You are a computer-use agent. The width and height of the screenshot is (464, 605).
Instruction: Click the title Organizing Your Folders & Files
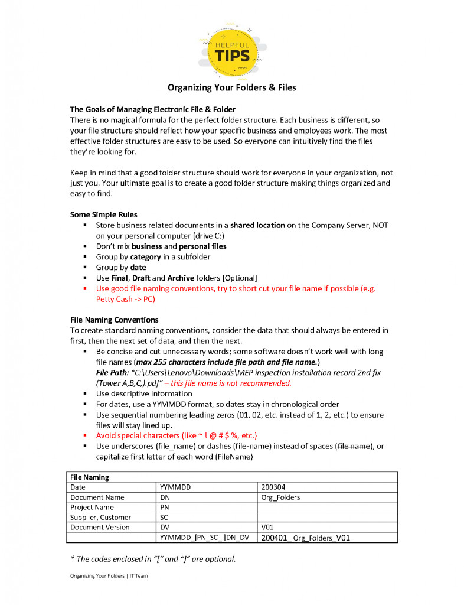pos(231,88)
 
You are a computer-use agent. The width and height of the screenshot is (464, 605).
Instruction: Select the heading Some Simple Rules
pos(103,214)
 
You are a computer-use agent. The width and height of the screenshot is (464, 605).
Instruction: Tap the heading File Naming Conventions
pos(114,320)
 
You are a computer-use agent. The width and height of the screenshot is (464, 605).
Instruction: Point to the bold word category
pos(145,257)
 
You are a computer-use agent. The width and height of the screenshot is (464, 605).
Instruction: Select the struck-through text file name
pos(354,446)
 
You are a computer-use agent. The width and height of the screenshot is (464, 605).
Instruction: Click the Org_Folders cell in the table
pos(280,497)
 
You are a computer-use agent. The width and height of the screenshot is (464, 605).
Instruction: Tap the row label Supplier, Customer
pos(100,518)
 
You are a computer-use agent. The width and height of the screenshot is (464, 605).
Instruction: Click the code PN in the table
pos(165,508)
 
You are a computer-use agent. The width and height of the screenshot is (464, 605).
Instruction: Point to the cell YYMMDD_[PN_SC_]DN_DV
pos(205,538)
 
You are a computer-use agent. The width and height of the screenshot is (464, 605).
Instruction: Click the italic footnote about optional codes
pos(153,559)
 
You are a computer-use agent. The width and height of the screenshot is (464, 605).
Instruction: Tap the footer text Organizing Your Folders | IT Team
pos(109,576)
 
